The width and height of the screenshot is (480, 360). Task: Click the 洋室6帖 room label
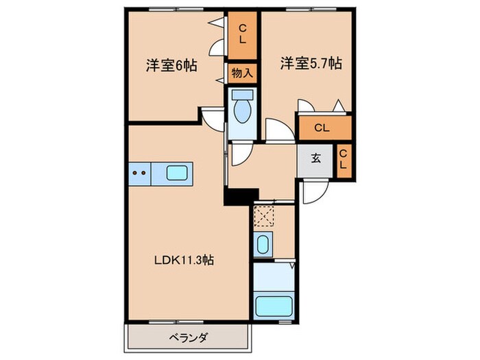(171, 65)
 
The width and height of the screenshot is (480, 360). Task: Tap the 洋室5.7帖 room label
(311, 63)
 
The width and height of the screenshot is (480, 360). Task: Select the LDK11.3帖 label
(184, 260)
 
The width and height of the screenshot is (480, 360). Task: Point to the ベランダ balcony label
(189, 338)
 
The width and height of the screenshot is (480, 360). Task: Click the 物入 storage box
(242, 73)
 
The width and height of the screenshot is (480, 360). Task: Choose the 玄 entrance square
(315, 160)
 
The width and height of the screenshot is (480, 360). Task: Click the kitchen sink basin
(177, 173)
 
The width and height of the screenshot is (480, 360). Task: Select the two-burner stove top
(140, 173)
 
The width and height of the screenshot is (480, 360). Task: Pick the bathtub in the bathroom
(274, 306)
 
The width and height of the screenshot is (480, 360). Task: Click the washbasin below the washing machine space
(263, 244)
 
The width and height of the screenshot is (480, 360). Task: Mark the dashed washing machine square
(264, 216)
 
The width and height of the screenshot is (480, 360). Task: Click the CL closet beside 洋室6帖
(242, 35)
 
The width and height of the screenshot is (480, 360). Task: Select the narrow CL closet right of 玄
(344, 160)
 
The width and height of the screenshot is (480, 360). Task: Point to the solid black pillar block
(241, 197)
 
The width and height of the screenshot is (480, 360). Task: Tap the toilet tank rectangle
(243, 95)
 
